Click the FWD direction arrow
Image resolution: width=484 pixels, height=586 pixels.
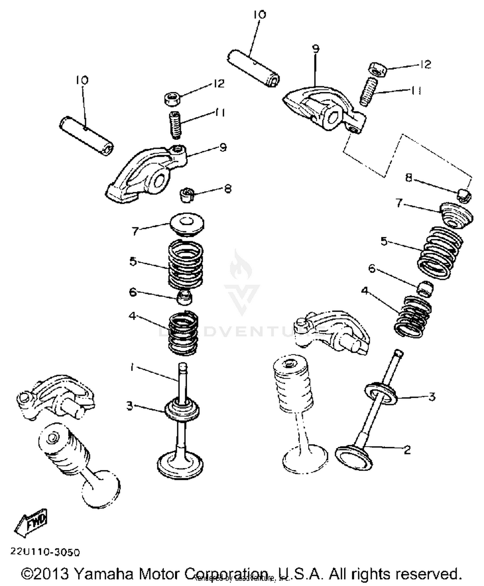(x=32, y=523)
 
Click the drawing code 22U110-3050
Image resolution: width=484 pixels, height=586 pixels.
(x=45, y=552)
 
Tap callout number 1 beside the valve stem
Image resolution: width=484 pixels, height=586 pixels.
(x=132, y=367)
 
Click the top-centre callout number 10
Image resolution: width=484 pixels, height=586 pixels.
(x=260, y=15)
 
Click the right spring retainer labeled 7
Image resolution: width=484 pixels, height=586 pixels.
(x=457, y=215)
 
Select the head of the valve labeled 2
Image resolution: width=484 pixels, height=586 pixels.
(x=353, y=457)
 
